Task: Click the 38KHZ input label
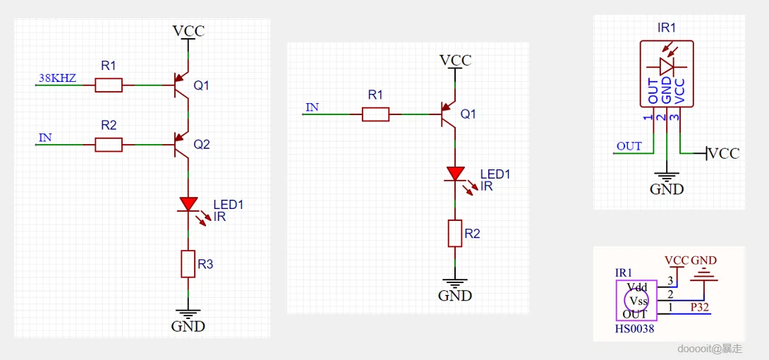[x=57, y=78]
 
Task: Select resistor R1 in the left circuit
[x=109, y=85]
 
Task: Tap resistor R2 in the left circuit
[x=109, y=145]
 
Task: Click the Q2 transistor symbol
[x=182, y=145]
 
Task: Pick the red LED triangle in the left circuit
[x=188, y=204]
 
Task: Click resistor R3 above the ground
[x=188, y=263]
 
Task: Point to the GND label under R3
[x=188, y=326]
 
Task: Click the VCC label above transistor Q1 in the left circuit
[x=188, y=31]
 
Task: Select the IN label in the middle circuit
[x=312, y=108]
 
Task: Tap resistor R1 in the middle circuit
[x=375, y=114]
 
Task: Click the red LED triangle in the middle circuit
[x=456, y=174]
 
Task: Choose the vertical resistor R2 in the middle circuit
[x=456, y=233]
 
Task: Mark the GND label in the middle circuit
[x=455, y=296]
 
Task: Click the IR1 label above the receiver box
[x=667, y=29]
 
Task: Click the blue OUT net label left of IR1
[x=629, y=146]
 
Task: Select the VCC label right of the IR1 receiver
[x=724, y=153]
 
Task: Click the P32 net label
[x=700, y=307]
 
